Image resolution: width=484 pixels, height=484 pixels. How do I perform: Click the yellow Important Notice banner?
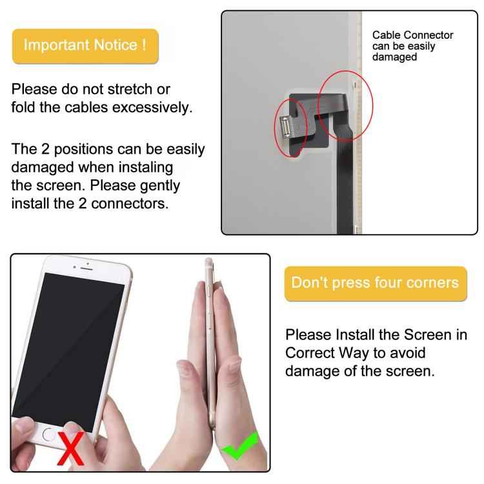pyautogui.click(x=85, y=45)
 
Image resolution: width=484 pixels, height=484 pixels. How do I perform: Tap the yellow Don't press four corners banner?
pyautogui.click(x=375, y=283)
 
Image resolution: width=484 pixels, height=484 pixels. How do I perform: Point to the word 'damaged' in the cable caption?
pyautogui.click(x=394, y=57)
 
